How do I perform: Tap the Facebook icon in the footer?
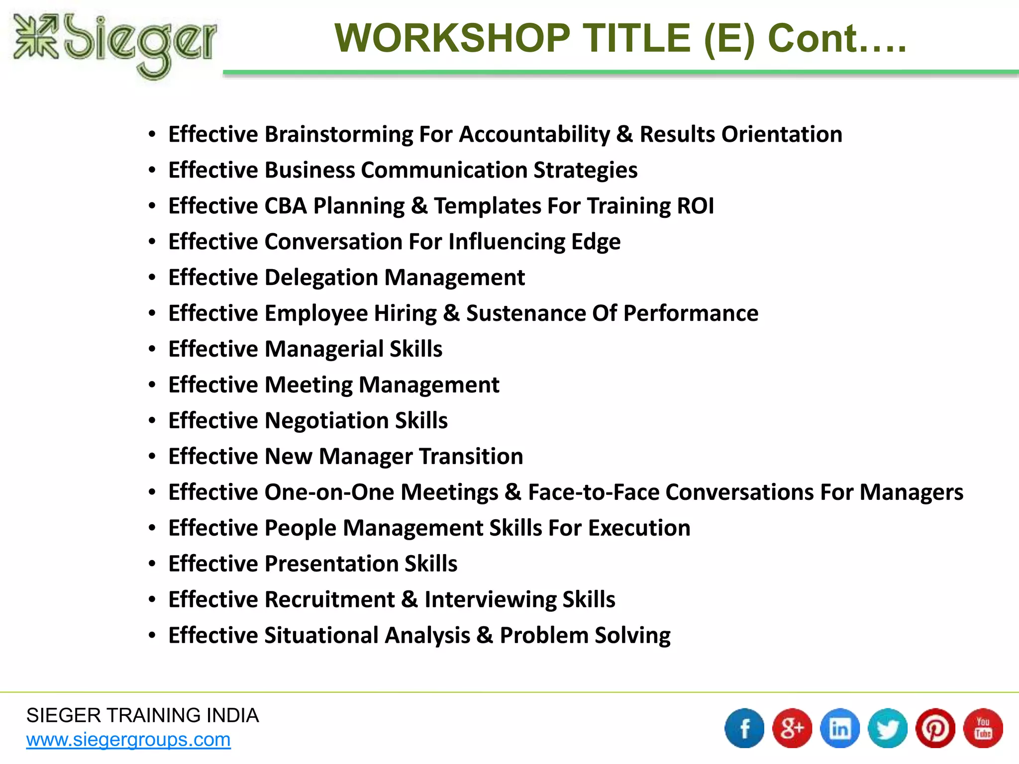pos(744,728)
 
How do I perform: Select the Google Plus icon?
pos(792,728)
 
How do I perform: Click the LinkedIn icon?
pos(840,728)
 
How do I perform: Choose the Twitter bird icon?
pos(888,728)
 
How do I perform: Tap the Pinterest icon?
pos(935,728)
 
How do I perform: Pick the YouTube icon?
pos(983,728)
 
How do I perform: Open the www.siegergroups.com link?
pos(128,740)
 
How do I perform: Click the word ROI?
pos(695,206)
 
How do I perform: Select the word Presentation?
pos(331,564)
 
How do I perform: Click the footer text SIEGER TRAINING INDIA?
pos(142,715)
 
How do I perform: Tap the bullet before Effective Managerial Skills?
pos(152,349)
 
